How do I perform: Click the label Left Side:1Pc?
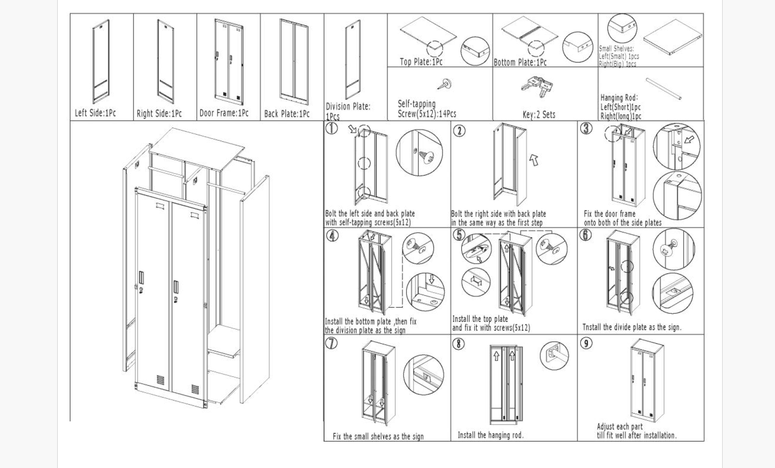click(95, 113)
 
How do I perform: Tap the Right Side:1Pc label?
click(159, 114)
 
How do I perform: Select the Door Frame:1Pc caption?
click(224, 113)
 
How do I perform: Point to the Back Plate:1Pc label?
click(287, 114)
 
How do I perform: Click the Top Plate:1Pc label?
click(421, 62)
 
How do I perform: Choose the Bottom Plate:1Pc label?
click(520, 63)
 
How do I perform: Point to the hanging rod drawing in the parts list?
click(663, 89)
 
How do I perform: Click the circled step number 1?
click(332, 128)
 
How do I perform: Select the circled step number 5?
click(459, 235)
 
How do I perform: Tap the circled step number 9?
click(586, 343)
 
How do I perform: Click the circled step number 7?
click(332, 343)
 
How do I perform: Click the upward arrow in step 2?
click(534, 159)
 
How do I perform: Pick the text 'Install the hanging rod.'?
click(490, 435)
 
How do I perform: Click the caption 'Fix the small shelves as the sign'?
click(378, 436)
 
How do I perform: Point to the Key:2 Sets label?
click(539, 115)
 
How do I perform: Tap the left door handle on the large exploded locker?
click(142, 278)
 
